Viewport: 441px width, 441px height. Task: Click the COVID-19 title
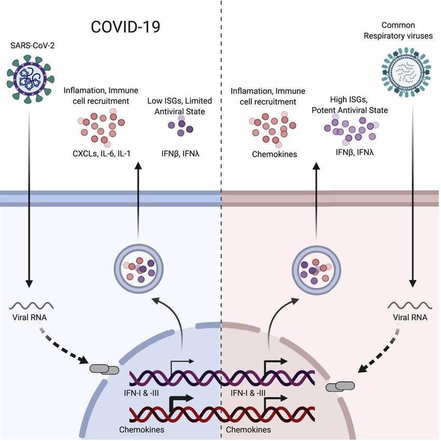126,27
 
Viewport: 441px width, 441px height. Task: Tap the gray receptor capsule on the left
104,369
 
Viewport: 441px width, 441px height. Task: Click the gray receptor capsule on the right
340,386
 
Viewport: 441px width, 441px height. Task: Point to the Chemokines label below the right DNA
248,430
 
